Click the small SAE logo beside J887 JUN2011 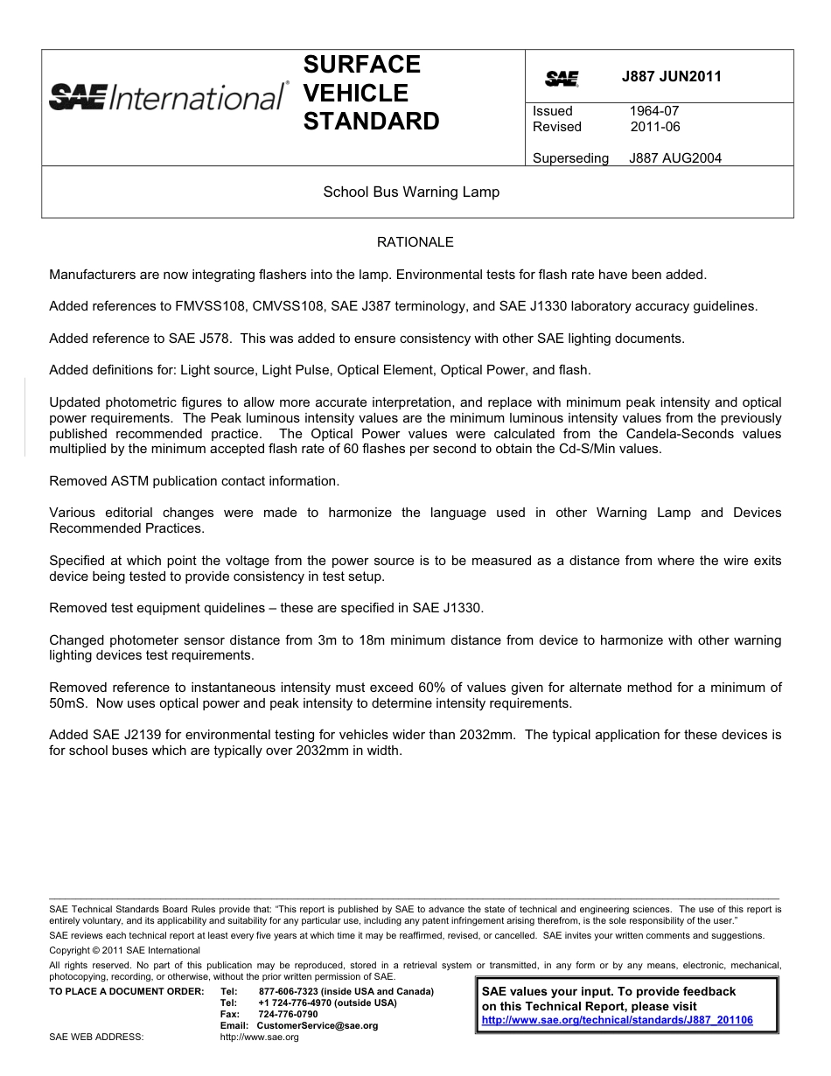562,79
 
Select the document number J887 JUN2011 671,76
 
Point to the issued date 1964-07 653,111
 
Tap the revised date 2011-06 654,127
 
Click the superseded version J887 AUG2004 674,158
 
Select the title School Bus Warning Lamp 411,192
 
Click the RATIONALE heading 415,242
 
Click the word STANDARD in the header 371,122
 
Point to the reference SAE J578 185,338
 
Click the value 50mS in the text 66,703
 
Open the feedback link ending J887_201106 617,1020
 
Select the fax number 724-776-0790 288,1014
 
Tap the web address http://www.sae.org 260,1037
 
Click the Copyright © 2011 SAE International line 124,950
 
